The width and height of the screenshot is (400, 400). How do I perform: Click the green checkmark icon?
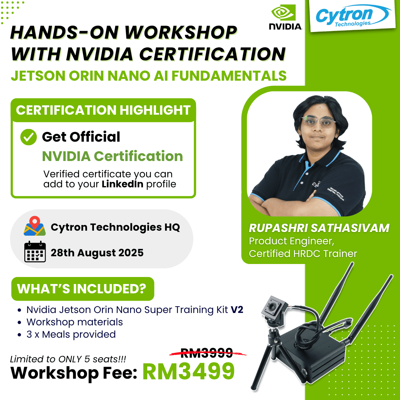click(x=28, y=137)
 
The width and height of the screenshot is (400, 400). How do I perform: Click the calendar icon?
click(x=35, y=252)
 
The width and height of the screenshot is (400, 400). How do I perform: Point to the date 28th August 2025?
click(x=97, y=253)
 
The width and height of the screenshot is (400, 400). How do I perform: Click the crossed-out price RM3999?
click(x=207, y=353)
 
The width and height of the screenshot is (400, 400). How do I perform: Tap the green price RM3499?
click(x=189, y=371)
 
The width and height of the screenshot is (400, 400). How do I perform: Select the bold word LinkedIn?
click(x=122, y=184)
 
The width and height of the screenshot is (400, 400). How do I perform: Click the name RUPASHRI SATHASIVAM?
click(x=319, y=228)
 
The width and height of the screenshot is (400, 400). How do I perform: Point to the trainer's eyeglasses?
click(x=318, y=122)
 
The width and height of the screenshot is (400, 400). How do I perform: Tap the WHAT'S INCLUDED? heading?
click(x=82, y=289)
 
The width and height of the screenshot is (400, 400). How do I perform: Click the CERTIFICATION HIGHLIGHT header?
click(x=103, y=110)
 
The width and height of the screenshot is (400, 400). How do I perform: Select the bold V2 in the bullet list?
click(x=237, y=310)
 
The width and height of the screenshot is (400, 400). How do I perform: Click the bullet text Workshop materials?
click(x=75, y=322)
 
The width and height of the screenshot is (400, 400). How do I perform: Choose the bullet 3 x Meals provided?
click(x=71, y=334)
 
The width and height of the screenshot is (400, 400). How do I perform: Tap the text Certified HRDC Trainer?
click(x=303, y=254)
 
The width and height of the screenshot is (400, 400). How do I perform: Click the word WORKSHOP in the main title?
click(x=180, y=33)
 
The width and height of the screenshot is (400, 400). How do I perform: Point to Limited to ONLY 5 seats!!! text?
click(x=68, y=359)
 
